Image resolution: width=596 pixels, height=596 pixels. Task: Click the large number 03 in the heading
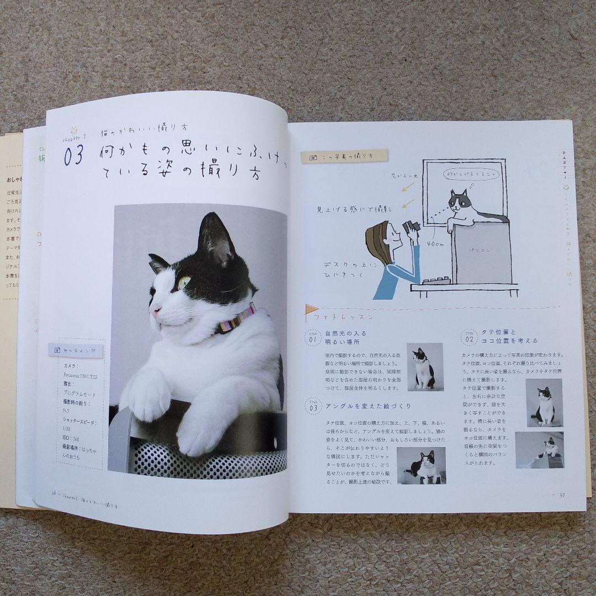pyautogui.click(x=73, y=157)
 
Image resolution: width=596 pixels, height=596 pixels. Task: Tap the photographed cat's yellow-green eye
pyautogui.click(x=184, y=283)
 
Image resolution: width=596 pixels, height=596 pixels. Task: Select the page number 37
pyautogui.click(x=562, y=494)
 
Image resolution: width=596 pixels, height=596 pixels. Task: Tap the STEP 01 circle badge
pyautogui.click(x=313, y=337)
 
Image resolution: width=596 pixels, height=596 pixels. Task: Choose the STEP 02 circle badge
pyautogui.click(x=470, y=337)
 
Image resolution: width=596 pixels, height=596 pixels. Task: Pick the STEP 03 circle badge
pyautogui.click(x=313, y=407)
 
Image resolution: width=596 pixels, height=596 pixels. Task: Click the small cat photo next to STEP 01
pyautogui.click(x=424, y=366)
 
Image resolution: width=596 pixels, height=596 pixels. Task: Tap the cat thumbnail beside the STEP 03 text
pyautogui.click(x=421, y=465)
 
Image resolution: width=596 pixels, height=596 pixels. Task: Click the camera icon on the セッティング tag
pyautogui.click(x=57, y=349)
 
